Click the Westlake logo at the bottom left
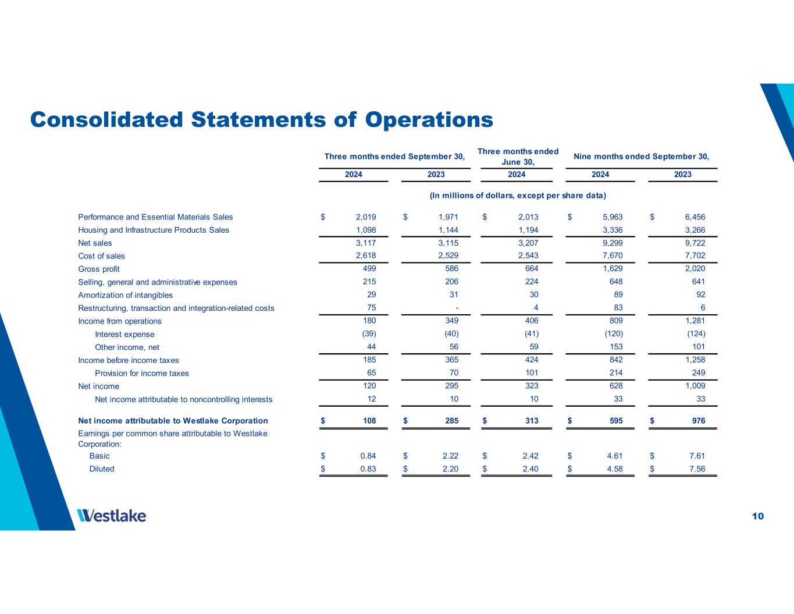[112, 516]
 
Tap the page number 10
[757, 516]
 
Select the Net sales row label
[95, 243]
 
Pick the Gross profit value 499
[369, 268]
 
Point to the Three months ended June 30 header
[518, 156]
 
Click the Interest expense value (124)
[696, 333]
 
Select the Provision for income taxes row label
[142, 373]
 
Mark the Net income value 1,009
[695, 386]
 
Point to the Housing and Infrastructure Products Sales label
[154, 230]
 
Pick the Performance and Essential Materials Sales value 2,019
[366, 217]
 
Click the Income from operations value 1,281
[695, 321]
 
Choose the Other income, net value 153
[614, 347]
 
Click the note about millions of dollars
[518, 195]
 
